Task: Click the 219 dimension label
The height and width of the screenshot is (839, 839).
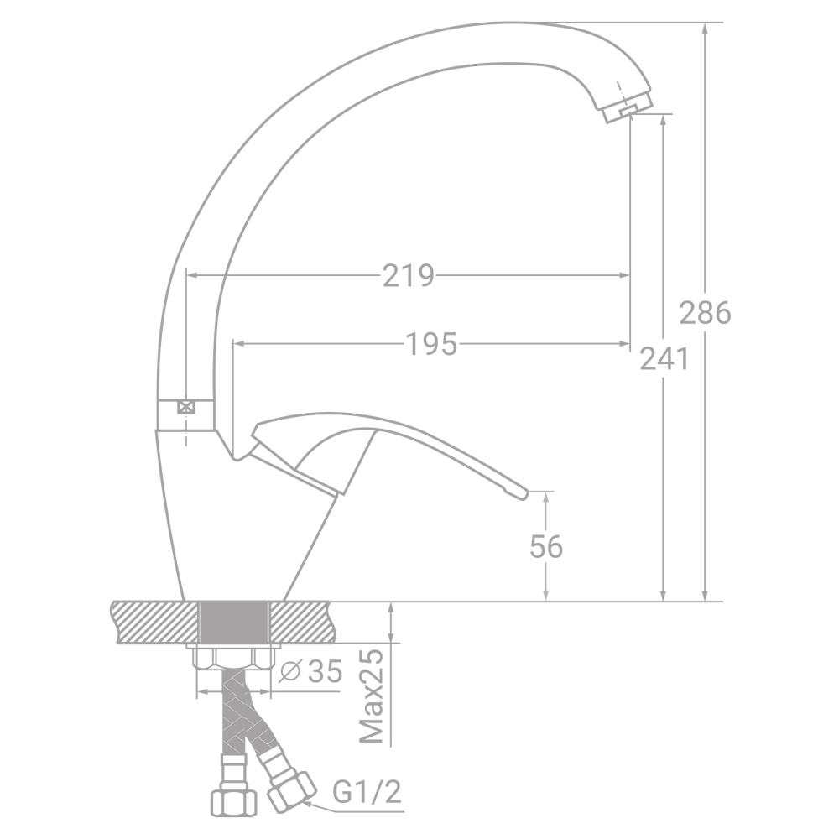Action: (x=409, y=275)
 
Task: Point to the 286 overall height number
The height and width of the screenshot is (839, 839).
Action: (x=706, y=312)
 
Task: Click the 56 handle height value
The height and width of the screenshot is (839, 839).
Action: (x=546, y=547)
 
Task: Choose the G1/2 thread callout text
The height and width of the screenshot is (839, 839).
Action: (x=367, y=792)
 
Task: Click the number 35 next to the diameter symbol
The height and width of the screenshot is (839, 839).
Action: (x=326, y=671)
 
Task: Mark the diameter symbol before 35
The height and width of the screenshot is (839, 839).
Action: (x=290, y=671)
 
